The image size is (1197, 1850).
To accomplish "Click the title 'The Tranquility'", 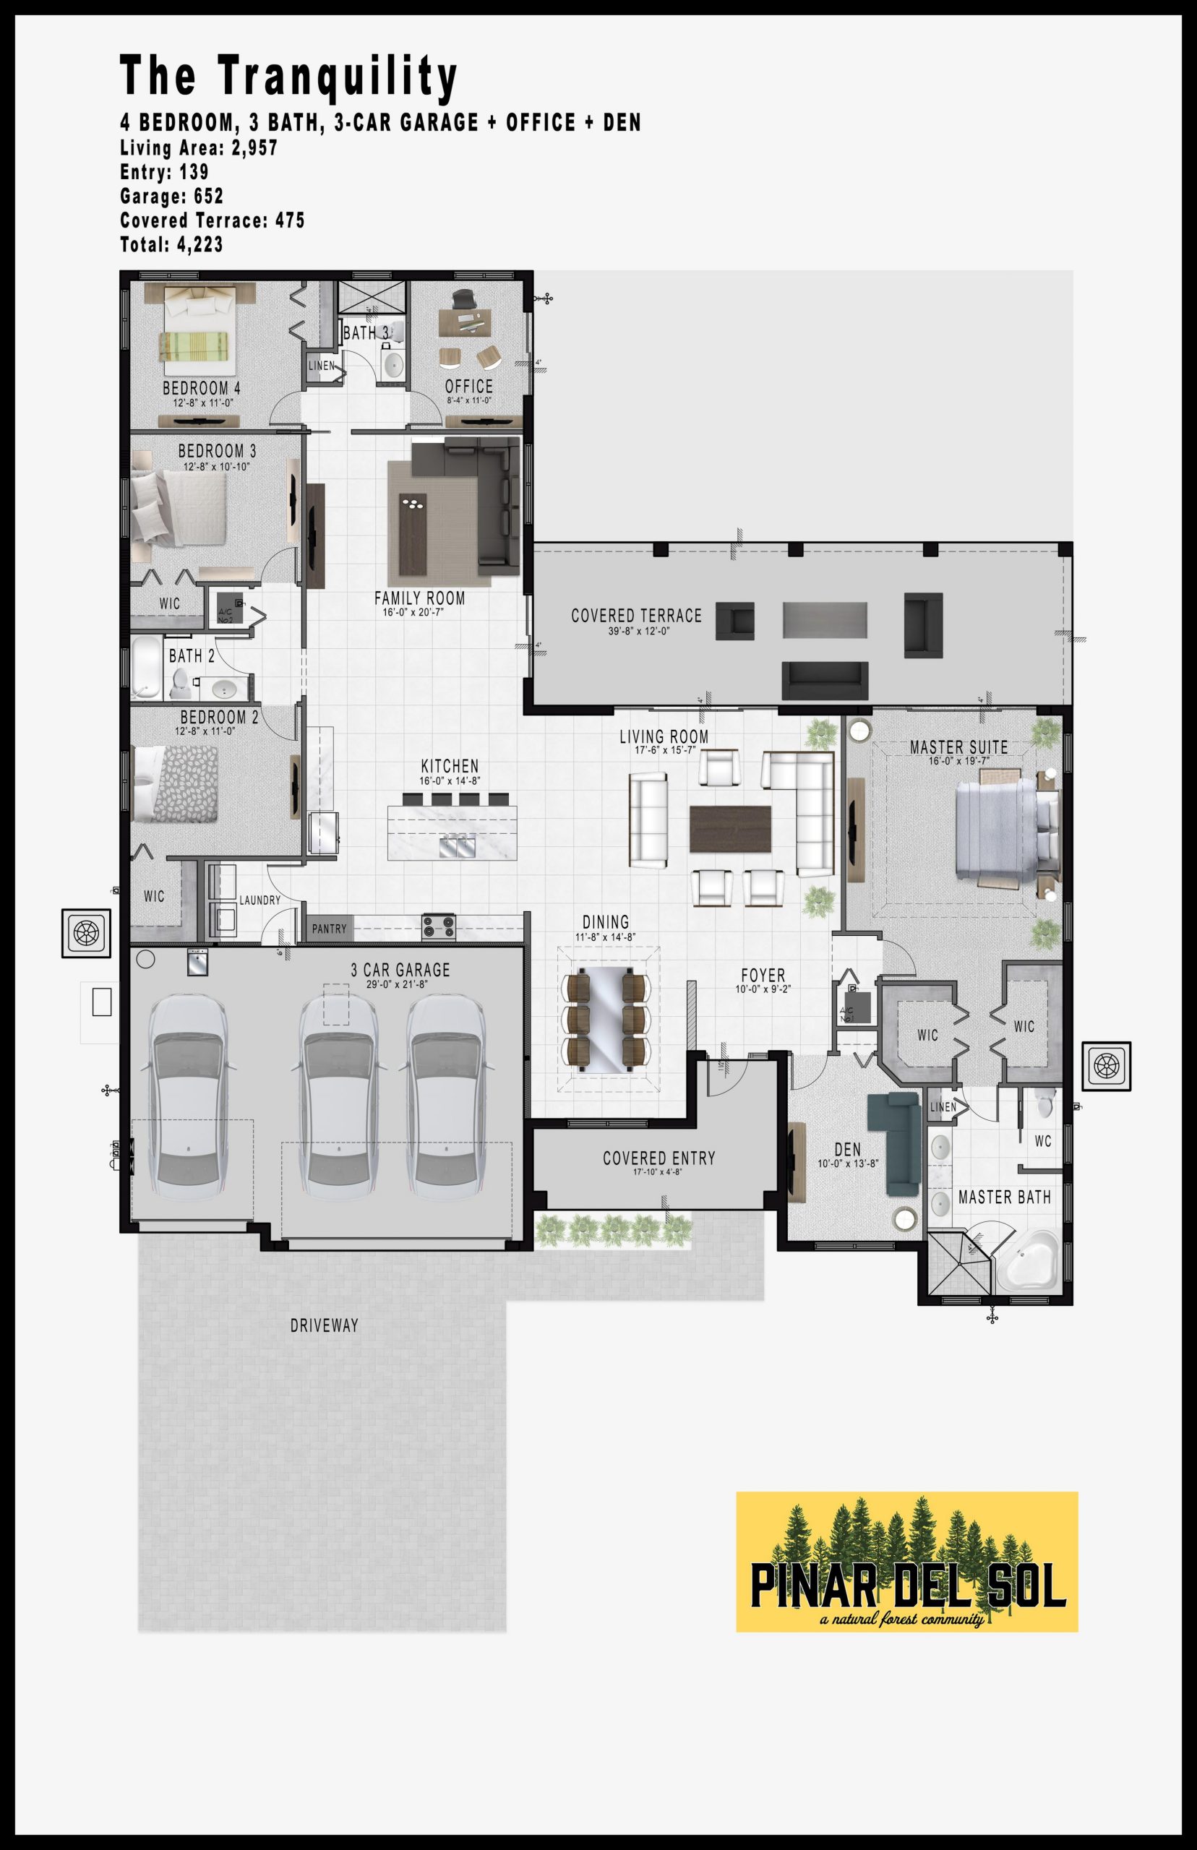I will point(288,77).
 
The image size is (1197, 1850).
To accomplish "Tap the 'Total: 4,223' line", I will point(171,245).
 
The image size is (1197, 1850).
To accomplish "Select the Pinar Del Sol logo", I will point(906,1562).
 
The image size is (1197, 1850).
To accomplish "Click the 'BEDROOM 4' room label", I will point(202,388).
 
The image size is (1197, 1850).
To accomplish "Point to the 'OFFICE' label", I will point(468,386).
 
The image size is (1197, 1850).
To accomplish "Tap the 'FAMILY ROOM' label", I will point(420,598).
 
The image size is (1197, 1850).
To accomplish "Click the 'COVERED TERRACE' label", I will point(636,616).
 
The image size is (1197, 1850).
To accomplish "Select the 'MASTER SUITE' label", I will point(958,747).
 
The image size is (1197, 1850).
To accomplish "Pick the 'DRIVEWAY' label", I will point(324,1325).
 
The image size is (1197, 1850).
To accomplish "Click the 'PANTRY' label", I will point(330,929).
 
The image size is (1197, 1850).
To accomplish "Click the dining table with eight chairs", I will point(605,1020).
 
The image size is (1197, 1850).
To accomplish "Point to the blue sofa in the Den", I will point(895,1143).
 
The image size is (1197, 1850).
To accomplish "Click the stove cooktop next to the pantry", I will point(438,927).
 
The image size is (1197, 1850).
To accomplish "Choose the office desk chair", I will point(464,299).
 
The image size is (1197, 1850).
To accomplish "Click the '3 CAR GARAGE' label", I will point(400,970).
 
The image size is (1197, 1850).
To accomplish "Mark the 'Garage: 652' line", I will point(172,197).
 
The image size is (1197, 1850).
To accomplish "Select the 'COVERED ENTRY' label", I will point(658,1158).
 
